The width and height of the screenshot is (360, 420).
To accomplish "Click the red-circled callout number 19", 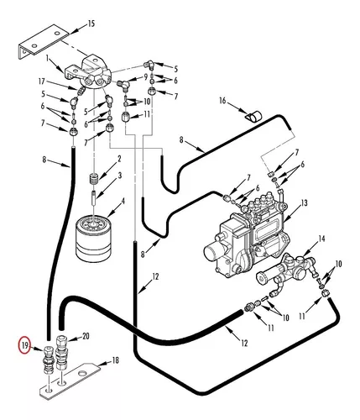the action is point(24,345).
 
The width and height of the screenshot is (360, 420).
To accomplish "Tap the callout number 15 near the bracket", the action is point(91,24).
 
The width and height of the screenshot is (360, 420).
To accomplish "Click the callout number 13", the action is point(304,202).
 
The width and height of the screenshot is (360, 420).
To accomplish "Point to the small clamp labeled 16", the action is point(253,116).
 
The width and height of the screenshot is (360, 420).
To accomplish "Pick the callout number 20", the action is point(86,336).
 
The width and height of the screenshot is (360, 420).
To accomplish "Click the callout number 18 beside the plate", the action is point(115,360).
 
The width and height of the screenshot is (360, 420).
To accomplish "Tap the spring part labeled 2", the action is point(94,179).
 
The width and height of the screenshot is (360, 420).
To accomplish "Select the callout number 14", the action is point(321,239).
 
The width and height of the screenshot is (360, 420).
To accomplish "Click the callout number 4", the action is point(123,201).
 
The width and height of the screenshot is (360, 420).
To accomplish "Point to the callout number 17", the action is point(41,81).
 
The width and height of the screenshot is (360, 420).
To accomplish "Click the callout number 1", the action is point(47,58).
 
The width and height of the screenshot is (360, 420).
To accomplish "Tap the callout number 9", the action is point(145,76).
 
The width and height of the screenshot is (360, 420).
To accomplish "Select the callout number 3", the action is point(120,176).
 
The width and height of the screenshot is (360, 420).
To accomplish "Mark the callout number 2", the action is point(119,159).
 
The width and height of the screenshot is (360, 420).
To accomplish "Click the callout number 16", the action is point(222,100).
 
